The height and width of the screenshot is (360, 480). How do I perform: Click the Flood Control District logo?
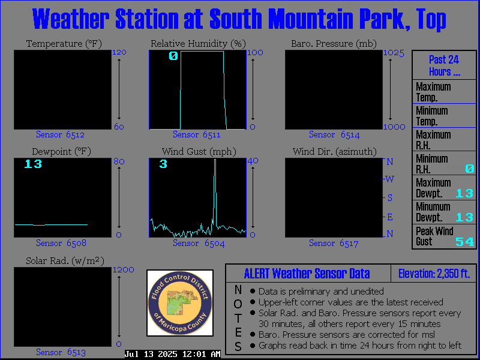[180, 303]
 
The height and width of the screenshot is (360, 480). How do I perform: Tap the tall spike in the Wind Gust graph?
[215, 193]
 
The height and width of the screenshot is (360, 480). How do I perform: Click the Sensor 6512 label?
[61, 134]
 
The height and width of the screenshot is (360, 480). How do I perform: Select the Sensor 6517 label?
[334, 244]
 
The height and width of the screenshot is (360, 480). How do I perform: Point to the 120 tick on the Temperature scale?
[119, 52]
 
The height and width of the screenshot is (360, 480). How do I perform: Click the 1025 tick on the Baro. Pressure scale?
[394, 53]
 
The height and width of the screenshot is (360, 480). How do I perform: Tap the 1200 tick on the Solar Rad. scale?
[124, 269]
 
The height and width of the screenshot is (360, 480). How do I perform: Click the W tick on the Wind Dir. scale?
[389, 179]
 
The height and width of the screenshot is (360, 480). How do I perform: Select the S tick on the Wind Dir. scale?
[389, 198]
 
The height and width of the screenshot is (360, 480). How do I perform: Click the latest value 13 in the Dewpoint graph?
[33, 164]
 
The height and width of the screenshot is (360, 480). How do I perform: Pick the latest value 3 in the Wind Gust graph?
[163, 164]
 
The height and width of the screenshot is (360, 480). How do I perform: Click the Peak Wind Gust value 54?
[464, 242]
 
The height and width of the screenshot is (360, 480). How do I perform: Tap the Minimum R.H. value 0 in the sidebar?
[470, 169]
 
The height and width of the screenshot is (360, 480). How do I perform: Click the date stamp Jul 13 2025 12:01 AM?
[172, 354]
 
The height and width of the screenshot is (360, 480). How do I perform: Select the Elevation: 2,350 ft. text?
[434, 274]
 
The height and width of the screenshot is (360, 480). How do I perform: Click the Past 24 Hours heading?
[444, 65]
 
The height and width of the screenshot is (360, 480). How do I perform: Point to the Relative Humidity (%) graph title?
[198, 44]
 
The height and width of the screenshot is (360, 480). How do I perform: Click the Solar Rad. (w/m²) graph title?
[65, 261]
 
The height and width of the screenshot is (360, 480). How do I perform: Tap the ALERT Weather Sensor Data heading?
[307, 274]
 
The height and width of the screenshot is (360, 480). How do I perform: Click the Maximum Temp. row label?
[433, 92]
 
